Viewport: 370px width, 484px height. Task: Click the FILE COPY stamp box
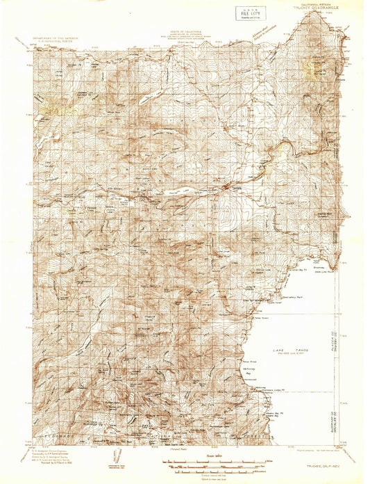point(246,14)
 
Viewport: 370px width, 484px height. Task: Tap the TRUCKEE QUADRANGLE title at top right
point(309,10)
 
